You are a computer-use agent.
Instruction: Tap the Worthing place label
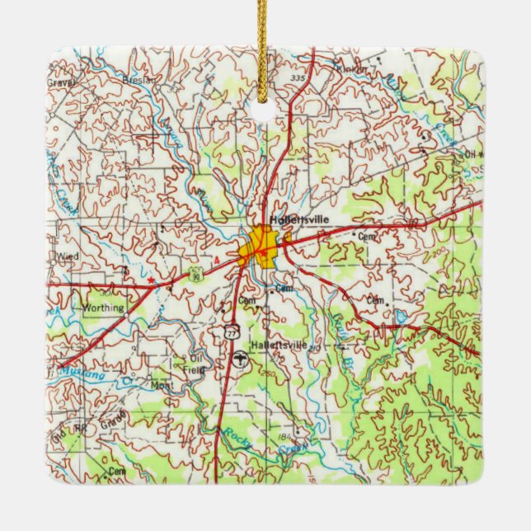tap(104, 308)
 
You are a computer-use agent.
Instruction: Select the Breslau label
tap(138, 80)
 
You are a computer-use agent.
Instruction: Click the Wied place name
tap(68, 256)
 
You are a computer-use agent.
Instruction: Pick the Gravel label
tap(61, 82)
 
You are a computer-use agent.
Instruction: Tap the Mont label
tap(159, 384)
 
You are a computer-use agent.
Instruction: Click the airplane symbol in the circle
tap(238, 359)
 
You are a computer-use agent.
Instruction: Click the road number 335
tap(297, 78)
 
